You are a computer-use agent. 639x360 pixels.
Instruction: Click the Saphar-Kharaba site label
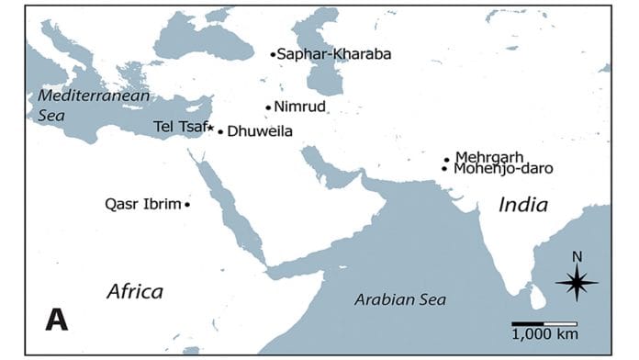(x=334, y=54)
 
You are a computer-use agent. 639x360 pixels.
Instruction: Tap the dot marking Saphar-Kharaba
(x=273, y=54)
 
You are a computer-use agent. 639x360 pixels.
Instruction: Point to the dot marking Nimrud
(x=268, y=107)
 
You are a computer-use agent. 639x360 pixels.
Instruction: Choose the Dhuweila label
(x=260, y=131)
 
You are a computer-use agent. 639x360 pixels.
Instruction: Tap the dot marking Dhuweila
(x=220, y=131)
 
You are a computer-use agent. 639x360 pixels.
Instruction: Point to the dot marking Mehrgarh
(x=446, y=159)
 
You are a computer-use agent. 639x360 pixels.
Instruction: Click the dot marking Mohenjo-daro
(x=444, y=169)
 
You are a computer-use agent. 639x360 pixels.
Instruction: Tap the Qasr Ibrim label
(x=143, y=204)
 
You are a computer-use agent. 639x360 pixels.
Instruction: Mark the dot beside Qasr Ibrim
(x=187, y=204)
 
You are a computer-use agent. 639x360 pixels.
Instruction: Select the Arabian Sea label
(x=400, y=300)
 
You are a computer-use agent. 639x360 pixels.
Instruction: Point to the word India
(x=522, y=206)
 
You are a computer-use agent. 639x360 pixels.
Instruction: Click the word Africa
(x=135, y=292)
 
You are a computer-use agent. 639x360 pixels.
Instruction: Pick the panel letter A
(x=57, y=320)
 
